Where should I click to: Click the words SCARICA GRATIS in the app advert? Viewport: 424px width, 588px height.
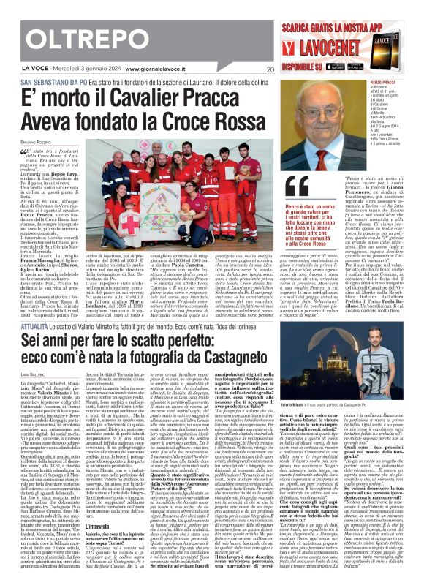tap(328, 12)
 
